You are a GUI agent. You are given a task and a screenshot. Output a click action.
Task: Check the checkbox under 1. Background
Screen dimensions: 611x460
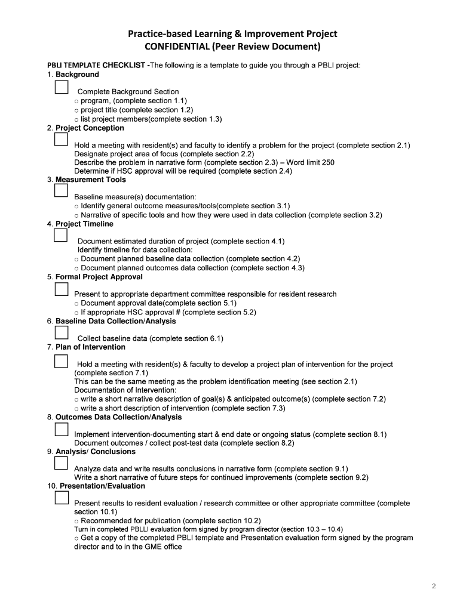61,88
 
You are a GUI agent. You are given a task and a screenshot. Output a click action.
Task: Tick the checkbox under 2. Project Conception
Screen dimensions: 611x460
61,140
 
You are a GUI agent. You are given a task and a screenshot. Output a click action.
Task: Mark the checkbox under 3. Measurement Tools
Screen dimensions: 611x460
61,191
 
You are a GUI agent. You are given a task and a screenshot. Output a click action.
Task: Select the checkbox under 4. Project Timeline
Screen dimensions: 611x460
61,236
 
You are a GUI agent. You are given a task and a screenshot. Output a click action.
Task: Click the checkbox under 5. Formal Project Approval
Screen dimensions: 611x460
61,289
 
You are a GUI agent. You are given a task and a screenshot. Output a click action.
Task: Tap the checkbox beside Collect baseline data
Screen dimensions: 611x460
61,333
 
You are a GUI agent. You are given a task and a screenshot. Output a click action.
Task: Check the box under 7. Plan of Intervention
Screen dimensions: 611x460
61,361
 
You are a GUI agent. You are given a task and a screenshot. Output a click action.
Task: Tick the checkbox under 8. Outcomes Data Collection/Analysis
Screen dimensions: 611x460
61,430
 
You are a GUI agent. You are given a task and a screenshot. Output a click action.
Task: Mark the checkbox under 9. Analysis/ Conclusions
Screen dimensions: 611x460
61,464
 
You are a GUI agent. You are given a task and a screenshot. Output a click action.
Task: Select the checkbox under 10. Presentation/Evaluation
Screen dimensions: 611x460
61,498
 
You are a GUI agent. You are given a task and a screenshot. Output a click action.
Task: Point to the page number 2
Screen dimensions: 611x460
434,586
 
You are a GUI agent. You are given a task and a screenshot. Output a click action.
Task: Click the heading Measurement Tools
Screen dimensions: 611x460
91,180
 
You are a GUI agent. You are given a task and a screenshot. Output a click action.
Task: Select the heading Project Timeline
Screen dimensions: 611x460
84,224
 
